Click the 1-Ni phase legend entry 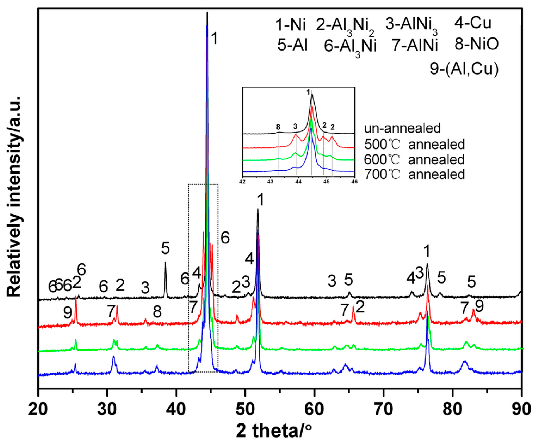coord(291,25)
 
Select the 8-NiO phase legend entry coord(476,44)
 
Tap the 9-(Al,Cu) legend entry coord(464,69)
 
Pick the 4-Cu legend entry coord(472,23)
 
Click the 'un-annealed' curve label coord(402,128)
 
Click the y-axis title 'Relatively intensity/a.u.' coord(14,196)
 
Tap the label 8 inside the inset coord(278,126)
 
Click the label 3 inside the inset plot coord(295,126)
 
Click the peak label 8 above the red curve coord(157,311)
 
